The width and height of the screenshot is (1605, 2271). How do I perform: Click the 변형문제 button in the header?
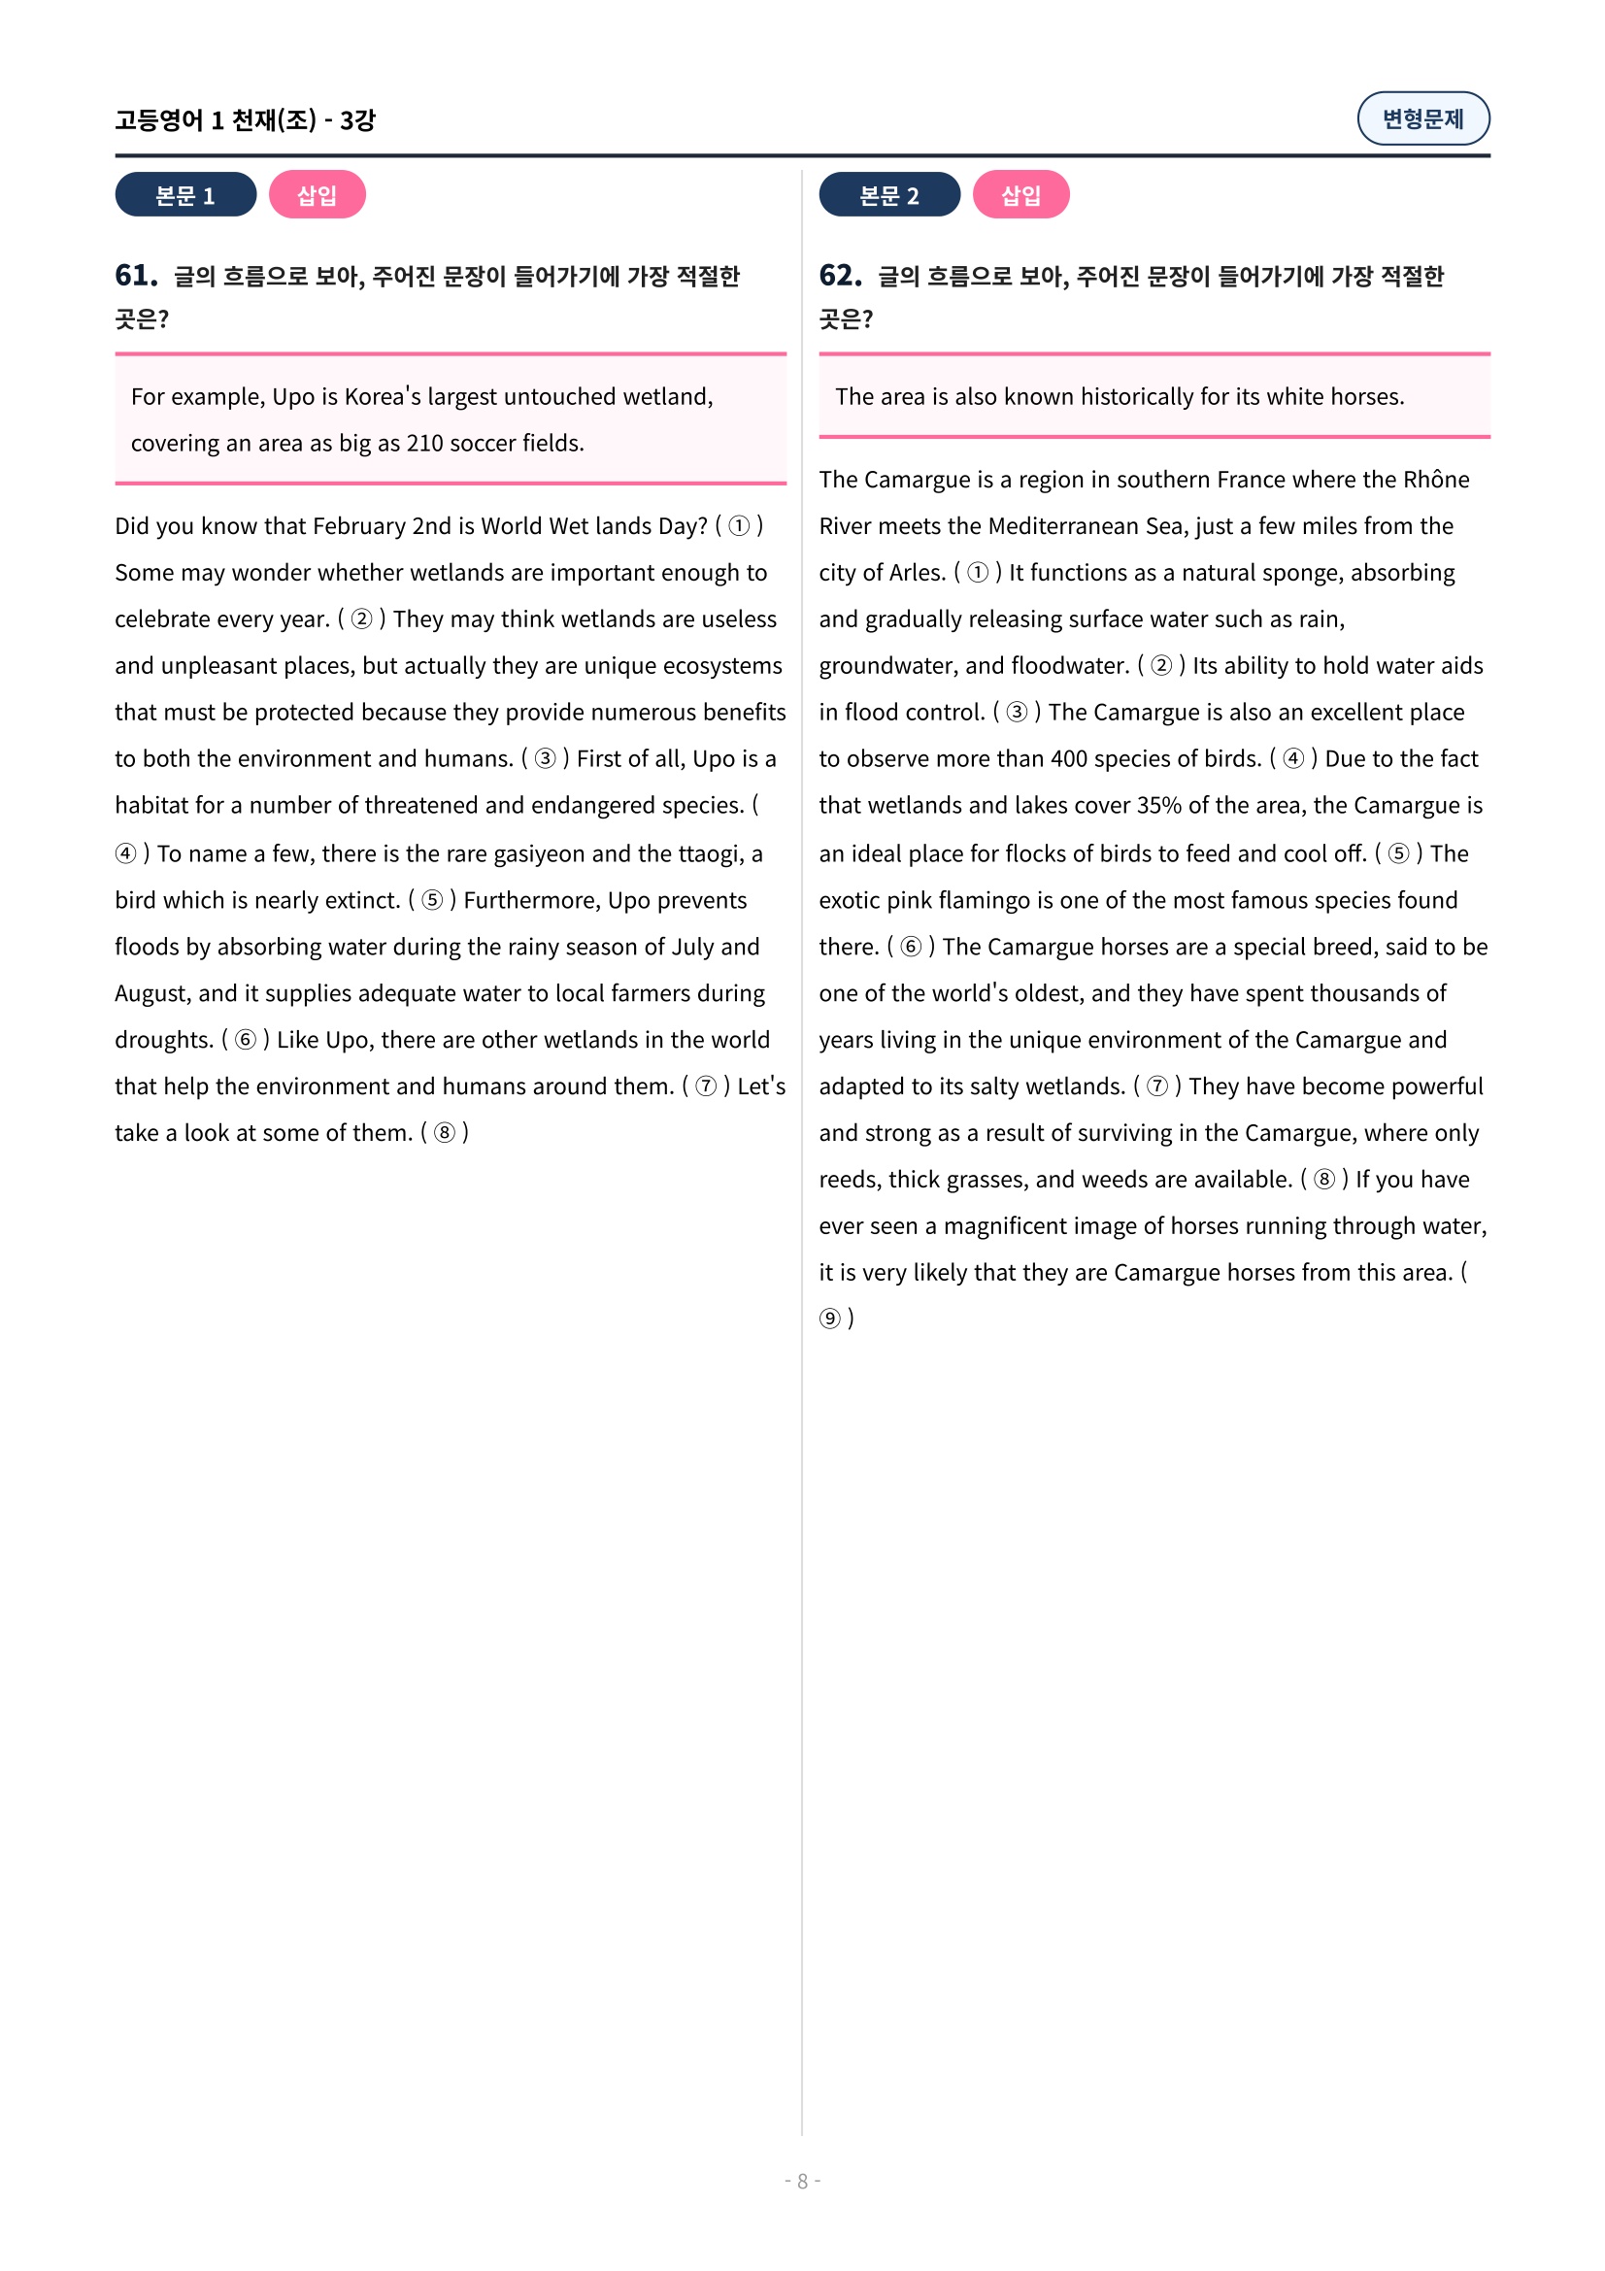[1422, 118]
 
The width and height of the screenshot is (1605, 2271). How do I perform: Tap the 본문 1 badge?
[184, 195]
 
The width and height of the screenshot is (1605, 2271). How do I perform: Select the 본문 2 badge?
[888, 195]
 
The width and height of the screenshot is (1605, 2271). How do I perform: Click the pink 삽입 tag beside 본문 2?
[1020, 195]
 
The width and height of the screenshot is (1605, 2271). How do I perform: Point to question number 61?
[136, 275]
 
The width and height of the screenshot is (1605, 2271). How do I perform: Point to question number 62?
[840, 275]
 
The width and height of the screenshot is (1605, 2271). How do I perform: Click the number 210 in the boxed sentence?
[425, 443]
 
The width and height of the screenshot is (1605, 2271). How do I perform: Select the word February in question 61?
[359, 526]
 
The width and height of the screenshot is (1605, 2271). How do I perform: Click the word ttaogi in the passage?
[711, 853]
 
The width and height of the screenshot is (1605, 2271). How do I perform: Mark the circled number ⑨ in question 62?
[830, 1319]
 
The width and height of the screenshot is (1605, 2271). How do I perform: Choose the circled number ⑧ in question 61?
[445, 1132]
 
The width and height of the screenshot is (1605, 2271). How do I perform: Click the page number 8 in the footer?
[802, 2181]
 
